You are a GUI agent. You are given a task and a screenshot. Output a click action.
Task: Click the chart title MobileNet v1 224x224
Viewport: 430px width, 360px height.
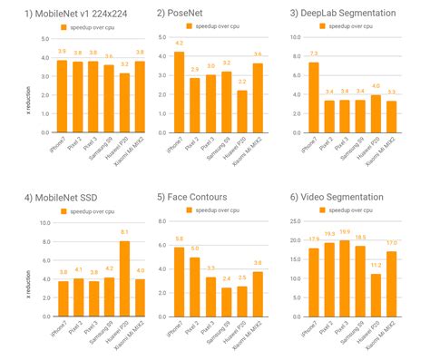coord(77,14)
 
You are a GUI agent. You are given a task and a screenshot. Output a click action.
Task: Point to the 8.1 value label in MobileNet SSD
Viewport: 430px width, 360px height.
coord(124,234)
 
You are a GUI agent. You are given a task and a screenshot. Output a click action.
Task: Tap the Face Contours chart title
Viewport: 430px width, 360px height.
coord(199,195)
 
